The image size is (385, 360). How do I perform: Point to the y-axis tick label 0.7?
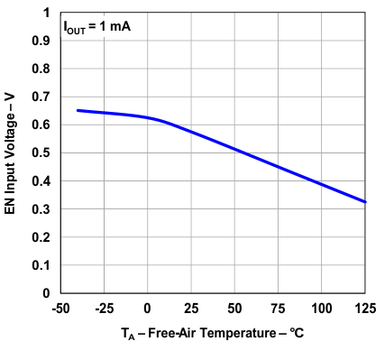[x=41, y=97]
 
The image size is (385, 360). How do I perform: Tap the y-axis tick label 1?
[x=46, y=13]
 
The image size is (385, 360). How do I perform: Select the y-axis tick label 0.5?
[x=41, y=152]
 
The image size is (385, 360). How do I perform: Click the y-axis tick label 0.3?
[x=41, y=209]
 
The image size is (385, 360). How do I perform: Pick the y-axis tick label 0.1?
[x=41, y=265]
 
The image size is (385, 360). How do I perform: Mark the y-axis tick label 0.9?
[x=41, y=41]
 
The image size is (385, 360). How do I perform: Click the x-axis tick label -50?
[x=60, y=308]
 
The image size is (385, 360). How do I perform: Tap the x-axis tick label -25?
[x=104, y=308]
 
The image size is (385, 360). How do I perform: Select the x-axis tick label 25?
[x=191, y=308]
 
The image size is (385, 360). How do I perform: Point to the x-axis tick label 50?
[x=234, y=308]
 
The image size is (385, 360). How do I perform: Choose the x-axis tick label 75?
[x=279, y=308]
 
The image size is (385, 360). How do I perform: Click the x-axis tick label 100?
[x=322, y=308]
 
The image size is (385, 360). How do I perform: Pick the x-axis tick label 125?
[x=365, y=308]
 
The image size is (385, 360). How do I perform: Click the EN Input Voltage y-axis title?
[x=13, y=153]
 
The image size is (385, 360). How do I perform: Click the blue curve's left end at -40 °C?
[x=78, y=110]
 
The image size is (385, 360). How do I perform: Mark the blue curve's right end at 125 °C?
[x=365, y=202]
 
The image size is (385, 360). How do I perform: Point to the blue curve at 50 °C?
[x=234, y=149]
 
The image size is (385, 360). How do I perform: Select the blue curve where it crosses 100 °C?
[x=322, y=183]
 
